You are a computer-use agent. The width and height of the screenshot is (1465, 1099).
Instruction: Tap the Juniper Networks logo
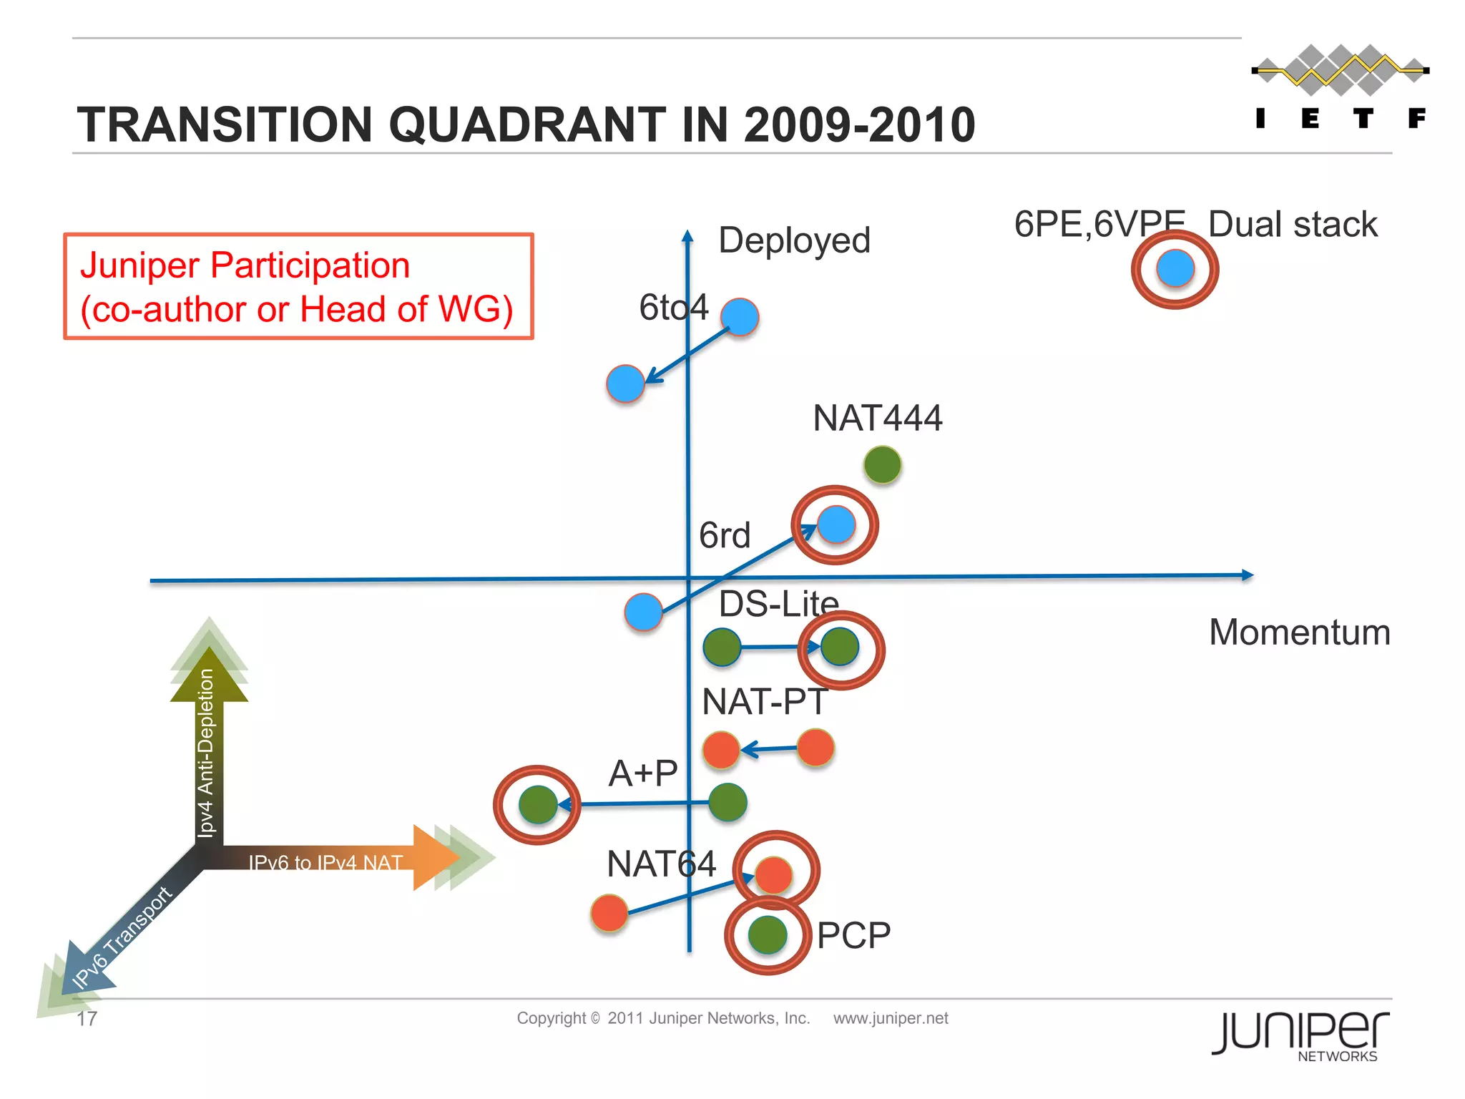point(1300,1035)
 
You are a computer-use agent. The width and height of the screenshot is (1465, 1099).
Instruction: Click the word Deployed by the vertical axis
point(794,241)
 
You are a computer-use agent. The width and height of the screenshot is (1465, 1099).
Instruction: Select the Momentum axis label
point(1299,632)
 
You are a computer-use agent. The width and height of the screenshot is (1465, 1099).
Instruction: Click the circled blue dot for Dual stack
point(1175,269)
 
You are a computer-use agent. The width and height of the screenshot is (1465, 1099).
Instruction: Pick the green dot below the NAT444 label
point(882,465)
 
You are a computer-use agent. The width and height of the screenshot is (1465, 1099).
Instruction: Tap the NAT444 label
point(878,418)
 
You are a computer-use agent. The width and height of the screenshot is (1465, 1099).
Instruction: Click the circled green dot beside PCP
point(768,934)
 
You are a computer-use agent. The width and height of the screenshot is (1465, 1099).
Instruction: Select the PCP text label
point(853,936)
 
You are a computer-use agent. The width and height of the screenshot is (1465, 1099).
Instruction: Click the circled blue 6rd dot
point(836,524)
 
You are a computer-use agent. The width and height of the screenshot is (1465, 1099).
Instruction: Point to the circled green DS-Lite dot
point(841,648)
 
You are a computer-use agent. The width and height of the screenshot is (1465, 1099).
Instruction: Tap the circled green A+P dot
point(537,804)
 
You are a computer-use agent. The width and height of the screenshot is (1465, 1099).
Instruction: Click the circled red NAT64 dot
point(774,874)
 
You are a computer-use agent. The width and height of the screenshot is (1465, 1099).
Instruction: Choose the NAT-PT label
point(764,702)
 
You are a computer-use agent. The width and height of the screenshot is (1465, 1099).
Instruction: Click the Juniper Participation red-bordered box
point(298,286)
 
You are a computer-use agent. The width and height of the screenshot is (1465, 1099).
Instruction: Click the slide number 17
point(87,1019)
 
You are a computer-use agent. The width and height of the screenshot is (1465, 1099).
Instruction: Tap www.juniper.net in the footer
point(890,1018)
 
